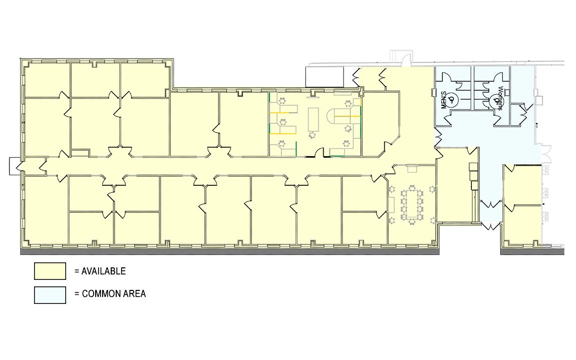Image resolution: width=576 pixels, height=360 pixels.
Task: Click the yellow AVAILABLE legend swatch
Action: [50, 271]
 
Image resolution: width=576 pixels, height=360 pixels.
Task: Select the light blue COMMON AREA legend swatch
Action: [50, 295]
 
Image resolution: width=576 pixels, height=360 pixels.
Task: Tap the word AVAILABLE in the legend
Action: [104, 271]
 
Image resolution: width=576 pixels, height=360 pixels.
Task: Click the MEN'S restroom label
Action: [444, 100]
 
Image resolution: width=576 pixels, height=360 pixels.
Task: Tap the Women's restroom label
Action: [499, 98]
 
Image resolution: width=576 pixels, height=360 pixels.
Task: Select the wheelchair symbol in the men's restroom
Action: [453, 99]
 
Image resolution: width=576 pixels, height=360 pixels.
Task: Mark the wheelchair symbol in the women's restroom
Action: [497, 99]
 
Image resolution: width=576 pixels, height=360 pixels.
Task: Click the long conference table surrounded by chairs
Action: [412, 204]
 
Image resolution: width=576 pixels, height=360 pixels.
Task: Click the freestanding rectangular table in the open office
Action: [314, 118]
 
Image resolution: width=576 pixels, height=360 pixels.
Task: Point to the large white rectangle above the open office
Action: [325, 77]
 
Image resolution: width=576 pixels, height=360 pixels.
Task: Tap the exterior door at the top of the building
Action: [405, 60]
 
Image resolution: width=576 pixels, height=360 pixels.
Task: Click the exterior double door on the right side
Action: [546, 154]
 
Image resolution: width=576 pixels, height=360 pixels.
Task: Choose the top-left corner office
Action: [48, 80]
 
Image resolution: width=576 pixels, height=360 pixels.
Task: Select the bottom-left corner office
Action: [46, 209]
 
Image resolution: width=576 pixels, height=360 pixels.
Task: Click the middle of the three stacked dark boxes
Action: [473, 176]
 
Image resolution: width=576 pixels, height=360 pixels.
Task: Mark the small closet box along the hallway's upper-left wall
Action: [80, 153]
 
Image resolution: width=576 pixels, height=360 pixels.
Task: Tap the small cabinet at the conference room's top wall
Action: [412, 169]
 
